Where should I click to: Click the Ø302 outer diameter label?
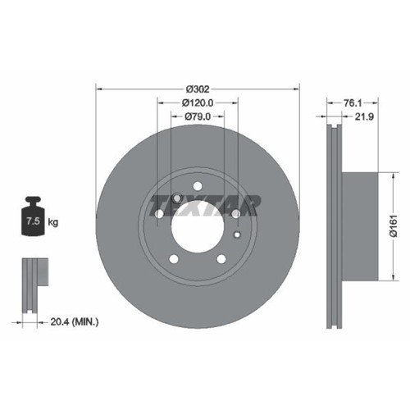tap(198, 89)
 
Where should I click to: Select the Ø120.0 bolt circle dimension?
tap(198, 102)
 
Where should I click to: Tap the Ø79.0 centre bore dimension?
tap(198, 116)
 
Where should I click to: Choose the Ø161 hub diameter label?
tap(394, 226)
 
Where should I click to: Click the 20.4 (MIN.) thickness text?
tap(75, 322)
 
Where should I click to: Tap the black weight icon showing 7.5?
tap(34, 216)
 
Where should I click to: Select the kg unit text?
tap(53, 222)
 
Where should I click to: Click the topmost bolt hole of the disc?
tap(198, 186)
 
